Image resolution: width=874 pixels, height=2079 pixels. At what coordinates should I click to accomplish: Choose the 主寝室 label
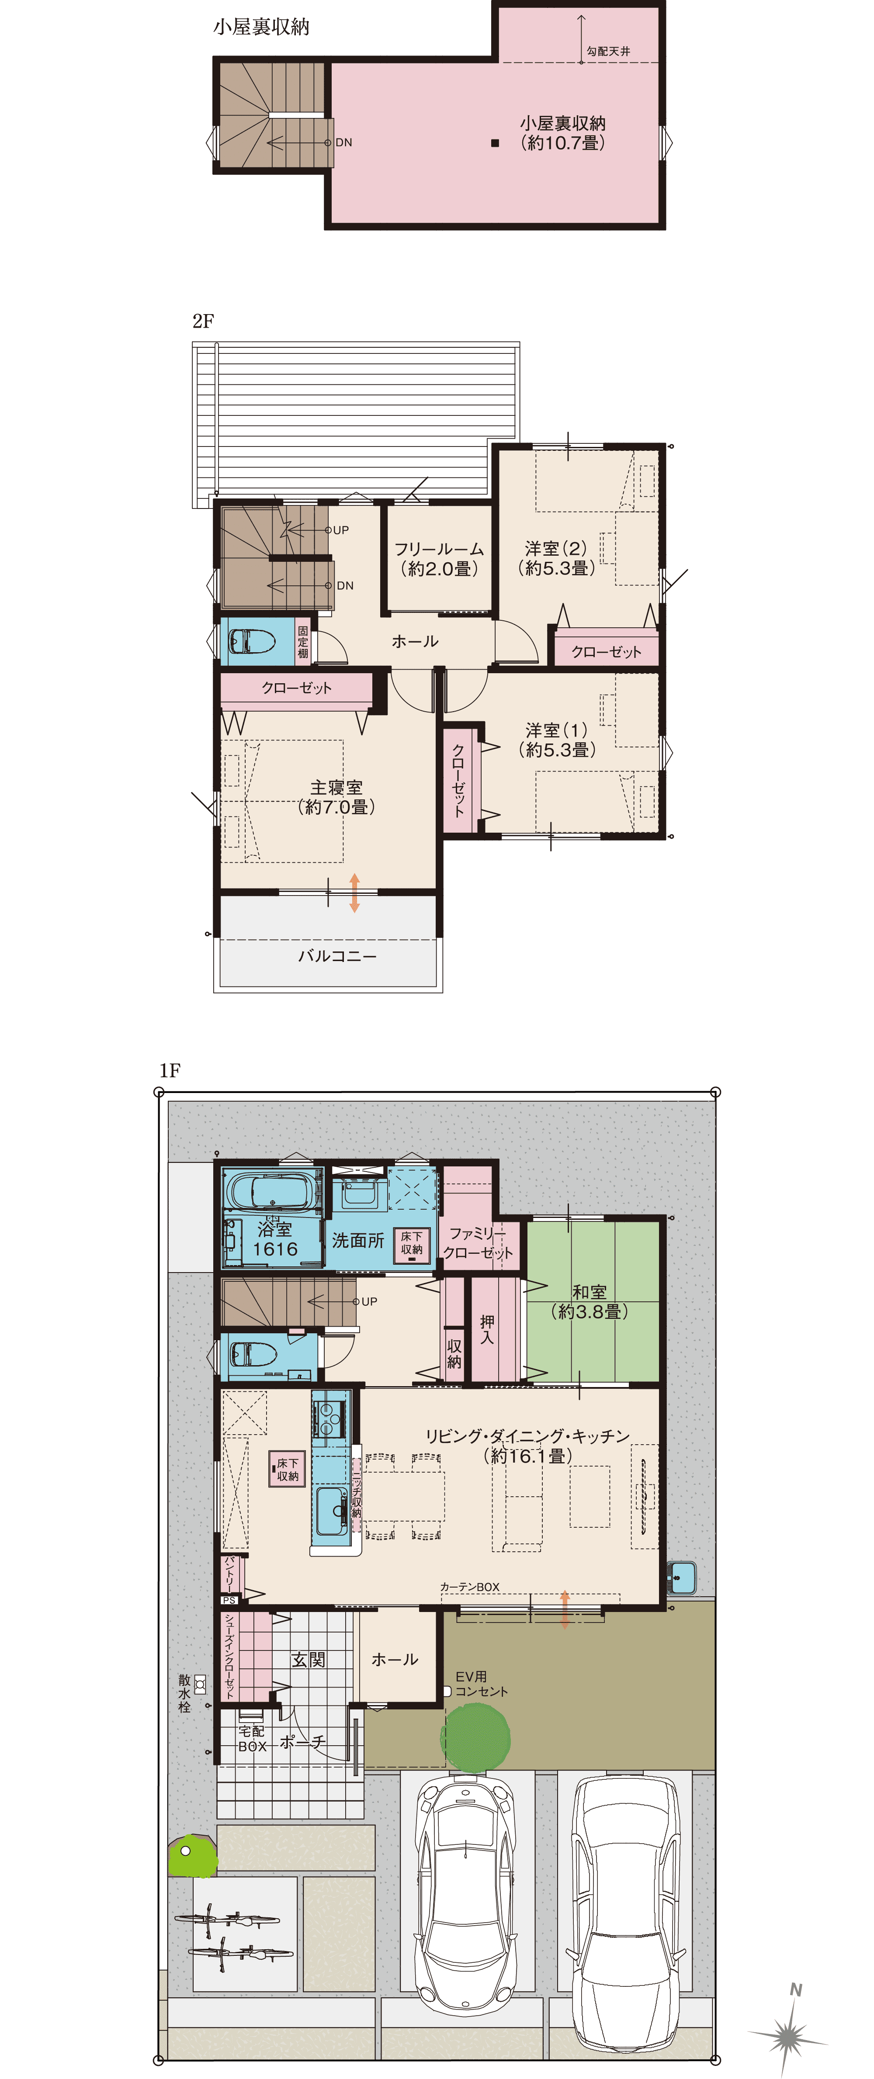point(336,796)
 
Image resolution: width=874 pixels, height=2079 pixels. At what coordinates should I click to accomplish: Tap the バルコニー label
point(337,955)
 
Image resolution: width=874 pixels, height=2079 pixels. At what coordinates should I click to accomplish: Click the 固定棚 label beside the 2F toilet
point(303,642)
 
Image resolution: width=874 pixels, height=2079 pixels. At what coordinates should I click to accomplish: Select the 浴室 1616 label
point(274,1239)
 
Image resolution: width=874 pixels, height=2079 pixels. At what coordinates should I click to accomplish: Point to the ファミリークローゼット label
point(478,1243)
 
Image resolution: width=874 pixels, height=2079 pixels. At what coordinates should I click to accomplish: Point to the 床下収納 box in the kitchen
point(287,1469)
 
